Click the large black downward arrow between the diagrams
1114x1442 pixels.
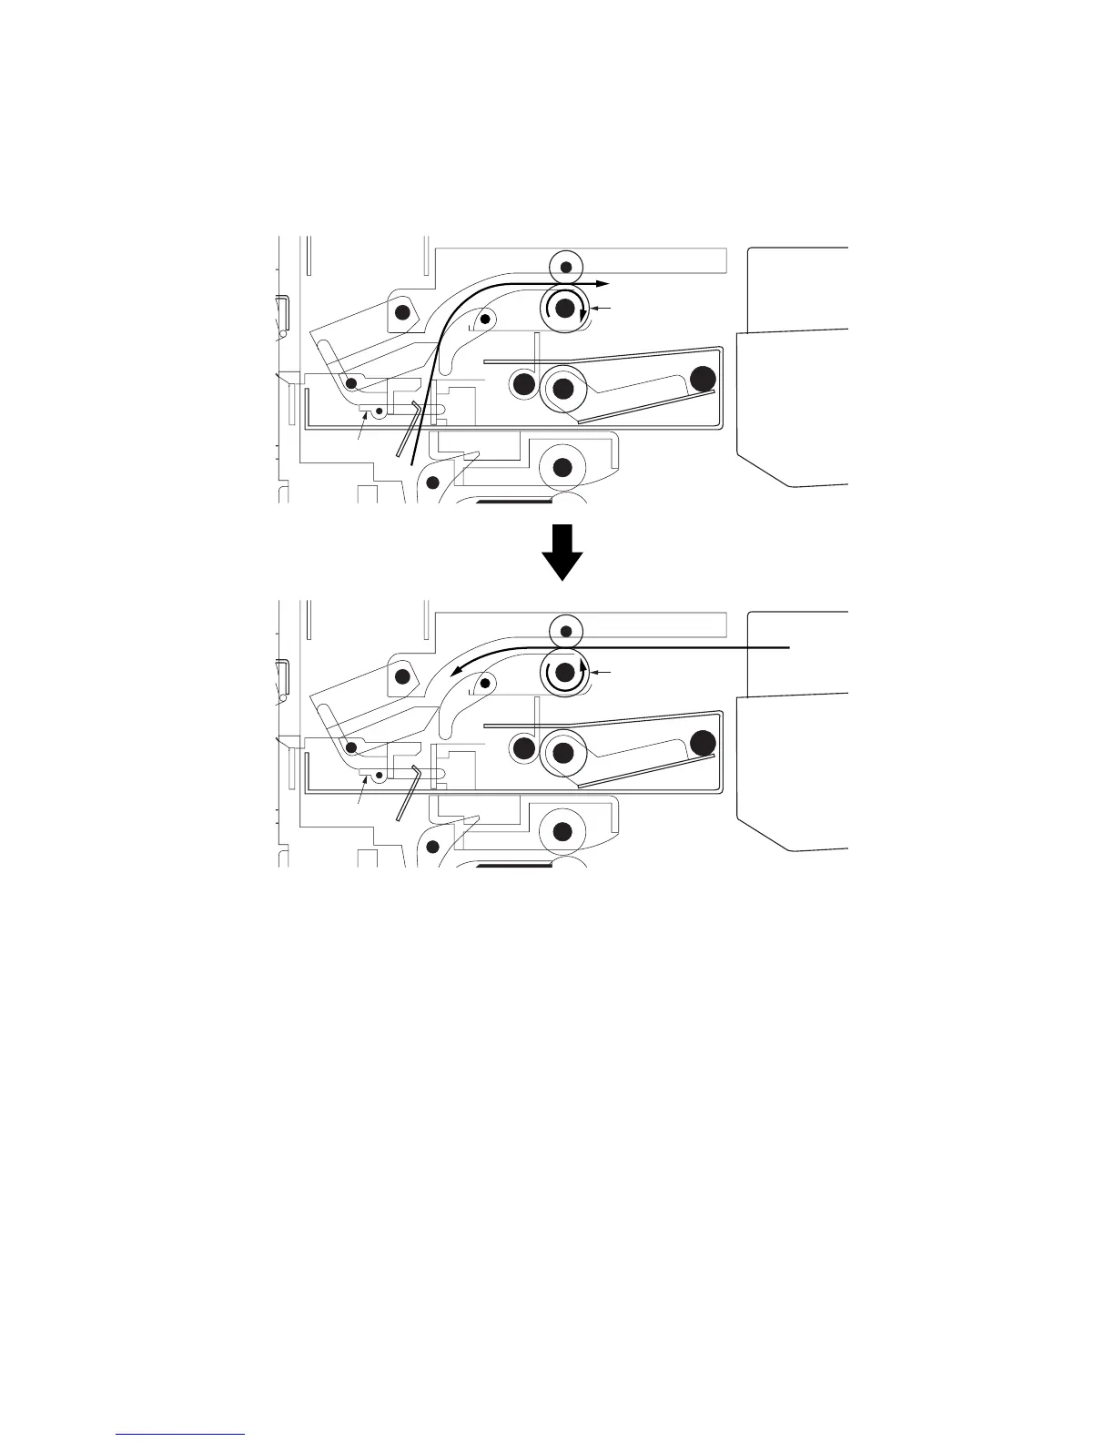click(x=563, y=552)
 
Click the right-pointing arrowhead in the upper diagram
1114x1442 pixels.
click(x=603, y=284)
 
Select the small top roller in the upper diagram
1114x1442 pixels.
click(x=566, y=266)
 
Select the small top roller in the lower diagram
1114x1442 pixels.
click(x=566, y=630)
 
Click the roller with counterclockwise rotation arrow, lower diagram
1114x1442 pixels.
click(x=564, y=673)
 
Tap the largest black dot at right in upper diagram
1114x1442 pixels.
click(x=703, y=379)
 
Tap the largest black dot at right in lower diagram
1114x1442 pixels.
click(x=703, y=744)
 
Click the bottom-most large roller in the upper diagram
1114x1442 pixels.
click(x=562, y=467)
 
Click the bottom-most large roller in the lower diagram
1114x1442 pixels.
click(x=562, y=831)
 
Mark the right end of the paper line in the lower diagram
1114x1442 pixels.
click(x=788, y=647)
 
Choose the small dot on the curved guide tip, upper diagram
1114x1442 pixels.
click(x=485, y=319)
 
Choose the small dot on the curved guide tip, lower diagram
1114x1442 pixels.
click(x=485, y=683)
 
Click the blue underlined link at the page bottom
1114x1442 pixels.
click(x=181, y=1434)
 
